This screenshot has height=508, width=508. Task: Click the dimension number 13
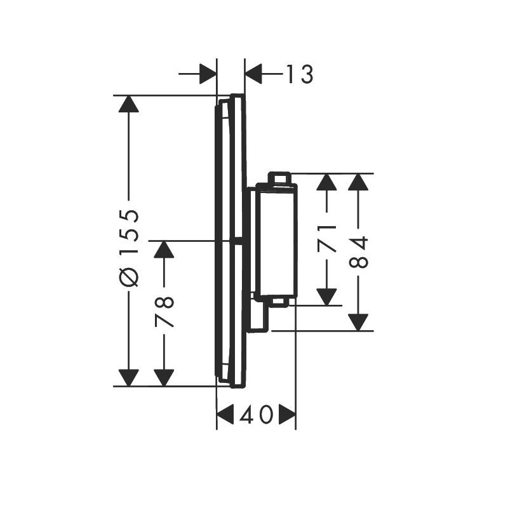click(300, 74)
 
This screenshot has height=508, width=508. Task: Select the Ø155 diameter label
click(129, 248)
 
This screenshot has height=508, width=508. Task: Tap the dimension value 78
click(164, 312)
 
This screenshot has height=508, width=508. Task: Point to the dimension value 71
click(326, 238)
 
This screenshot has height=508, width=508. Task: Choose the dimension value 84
click(358, 252)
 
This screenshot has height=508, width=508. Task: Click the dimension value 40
click(256, 415)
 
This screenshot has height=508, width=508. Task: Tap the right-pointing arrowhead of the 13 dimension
click(208, 74)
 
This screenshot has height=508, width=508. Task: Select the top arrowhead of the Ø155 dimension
click(129, 104)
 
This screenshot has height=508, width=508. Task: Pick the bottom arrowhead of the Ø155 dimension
click(129, 378)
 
